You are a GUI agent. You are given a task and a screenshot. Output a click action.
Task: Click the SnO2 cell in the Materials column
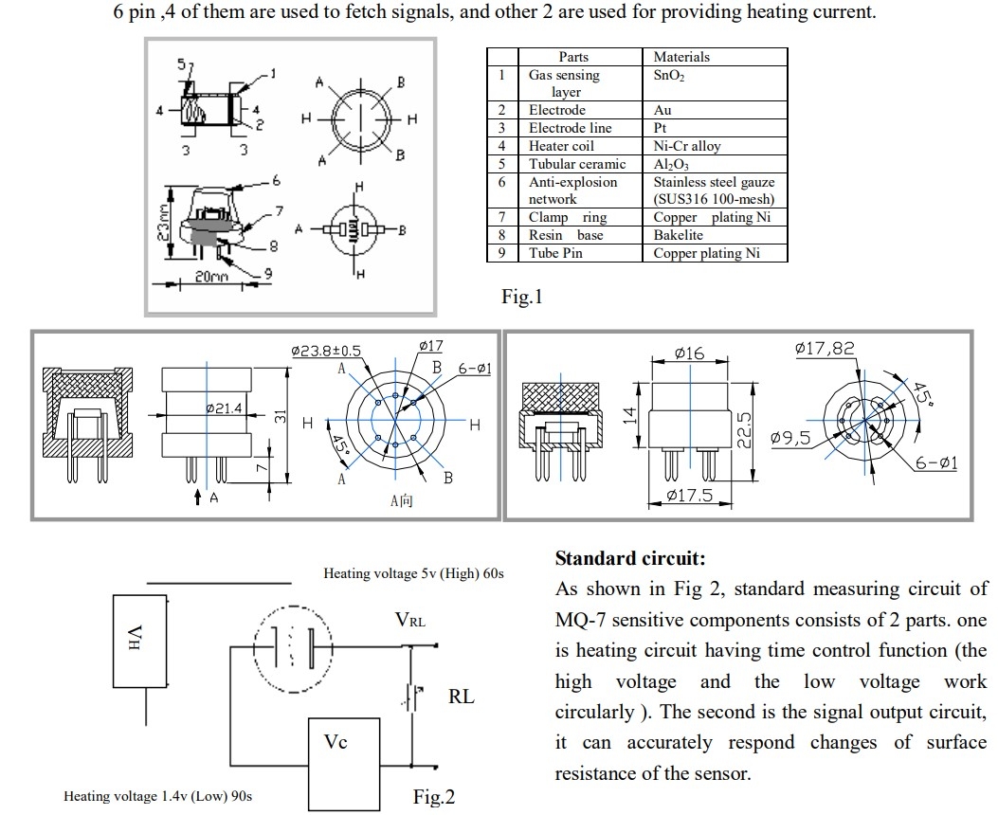[669, 75]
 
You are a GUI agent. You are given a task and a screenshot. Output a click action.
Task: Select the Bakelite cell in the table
[679, 235]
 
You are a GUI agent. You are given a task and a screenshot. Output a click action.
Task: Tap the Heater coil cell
[561, 146]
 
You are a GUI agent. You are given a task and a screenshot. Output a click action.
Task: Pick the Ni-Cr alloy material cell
[687, 146]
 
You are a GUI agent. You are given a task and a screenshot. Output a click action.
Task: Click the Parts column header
[572, 57]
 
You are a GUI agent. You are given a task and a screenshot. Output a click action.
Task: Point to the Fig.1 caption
[521, 298]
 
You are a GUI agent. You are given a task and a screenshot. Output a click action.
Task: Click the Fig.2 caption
[434, 797]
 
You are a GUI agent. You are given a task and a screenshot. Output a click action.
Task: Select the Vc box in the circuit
[336, 742]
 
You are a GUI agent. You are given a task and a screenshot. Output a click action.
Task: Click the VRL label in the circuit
[410, 621]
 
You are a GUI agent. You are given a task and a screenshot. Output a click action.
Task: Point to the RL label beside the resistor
[462, 697]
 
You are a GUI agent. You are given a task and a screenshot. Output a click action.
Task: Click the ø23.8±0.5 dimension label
[326, 351]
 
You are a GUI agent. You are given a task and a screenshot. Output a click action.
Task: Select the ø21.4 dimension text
[225, 408]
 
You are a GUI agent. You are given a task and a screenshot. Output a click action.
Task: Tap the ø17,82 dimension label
[824, 349]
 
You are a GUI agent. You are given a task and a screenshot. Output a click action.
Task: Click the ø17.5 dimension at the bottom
[689, 495]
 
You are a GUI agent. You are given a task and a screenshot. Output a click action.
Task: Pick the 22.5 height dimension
[745, 428]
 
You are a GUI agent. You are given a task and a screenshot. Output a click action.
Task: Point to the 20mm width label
[211, 276]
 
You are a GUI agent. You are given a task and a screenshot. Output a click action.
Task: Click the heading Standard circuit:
[630, 558]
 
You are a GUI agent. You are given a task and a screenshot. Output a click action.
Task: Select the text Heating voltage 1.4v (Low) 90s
[157, 796]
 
